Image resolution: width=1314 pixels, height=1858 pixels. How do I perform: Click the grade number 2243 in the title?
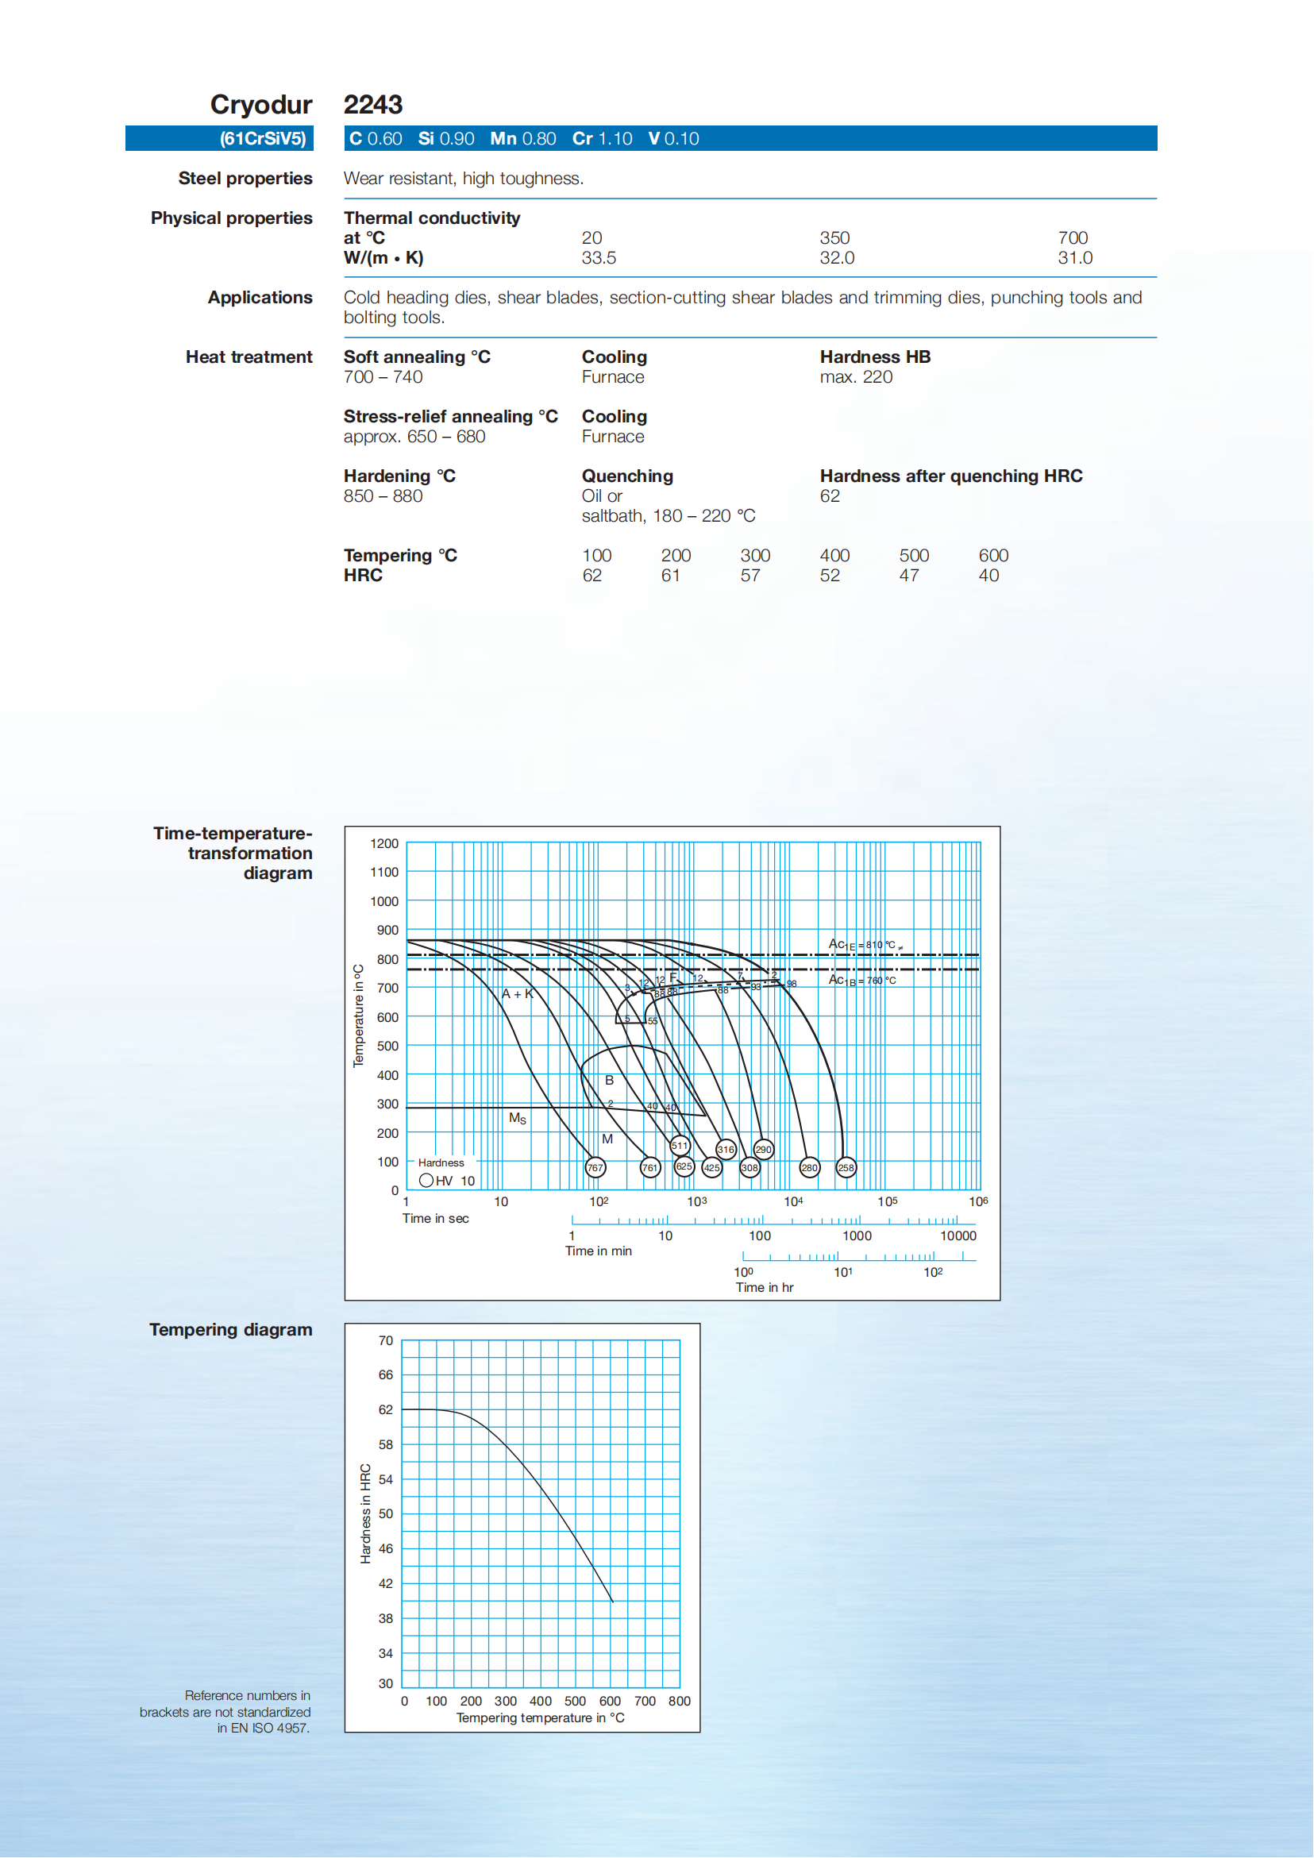click(373, 105)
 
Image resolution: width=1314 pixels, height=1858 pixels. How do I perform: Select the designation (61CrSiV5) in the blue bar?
click(263, 139)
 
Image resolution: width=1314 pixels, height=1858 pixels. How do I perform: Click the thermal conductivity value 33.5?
click(599, 258)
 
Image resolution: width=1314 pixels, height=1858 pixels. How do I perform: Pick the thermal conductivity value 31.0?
click(1074, 258)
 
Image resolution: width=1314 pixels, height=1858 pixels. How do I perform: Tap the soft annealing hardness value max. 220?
click(856, 377)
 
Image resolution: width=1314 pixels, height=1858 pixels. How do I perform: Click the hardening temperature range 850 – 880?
click(383, 496)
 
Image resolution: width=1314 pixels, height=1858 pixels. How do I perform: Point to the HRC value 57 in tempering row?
click(750, 576)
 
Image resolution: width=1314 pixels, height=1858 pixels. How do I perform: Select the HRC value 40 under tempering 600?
click(988, 576)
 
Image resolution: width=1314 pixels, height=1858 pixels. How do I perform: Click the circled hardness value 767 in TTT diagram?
click(595, 1168)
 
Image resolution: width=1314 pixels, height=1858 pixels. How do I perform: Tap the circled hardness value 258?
click(846, 1168)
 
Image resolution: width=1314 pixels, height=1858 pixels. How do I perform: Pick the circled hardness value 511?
click(680, 1145)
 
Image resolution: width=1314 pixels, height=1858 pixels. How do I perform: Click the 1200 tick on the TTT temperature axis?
click(384, 843)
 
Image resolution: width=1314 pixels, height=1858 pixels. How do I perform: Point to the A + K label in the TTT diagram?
click(518, 994)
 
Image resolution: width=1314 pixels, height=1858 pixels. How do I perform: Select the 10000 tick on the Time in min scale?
click(958, 1235)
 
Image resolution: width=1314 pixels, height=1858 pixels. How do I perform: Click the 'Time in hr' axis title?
click(764, 1287)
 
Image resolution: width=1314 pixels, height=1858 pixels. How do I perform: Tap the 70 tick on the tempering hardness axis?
click(386, 1341)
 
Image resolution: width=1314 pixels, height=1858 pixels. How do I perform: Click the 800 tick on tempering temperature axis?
click(680, 1701)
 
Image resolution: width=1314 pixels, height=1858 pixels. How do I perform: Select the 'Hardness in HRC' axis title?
click(366, 1513)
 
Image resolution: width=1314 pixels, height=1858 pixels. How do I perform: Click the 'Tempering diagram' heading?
click(230, 1329)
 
